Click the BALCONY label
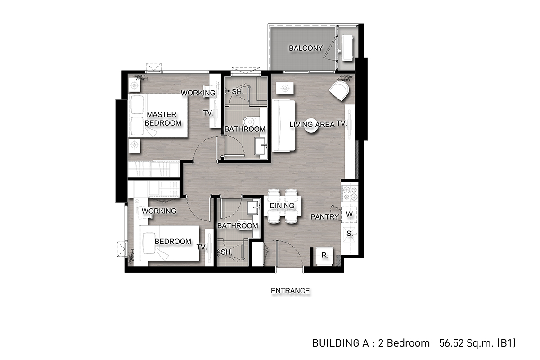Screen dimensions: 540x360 (306, 48)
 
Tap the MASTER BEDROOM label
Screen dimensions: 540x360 (163, 119)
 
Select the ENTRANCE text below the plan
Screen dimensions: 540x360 (290, 291)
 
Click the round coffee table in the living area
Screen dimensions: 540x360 (311, 126)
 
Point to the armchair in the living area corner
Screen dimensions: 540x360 (339, 91)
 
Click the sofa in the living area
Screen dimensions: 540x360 (283, 126)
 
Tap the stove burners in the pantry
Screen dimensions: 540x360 (350, 193)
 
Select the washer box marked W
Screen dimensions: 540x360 (349, 214)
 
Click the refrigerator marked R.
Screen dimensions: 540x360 (325, 256)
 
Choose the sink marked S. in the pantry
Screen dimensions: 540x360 (349, 234)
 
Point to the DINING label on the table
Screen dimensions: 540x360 (282, 206)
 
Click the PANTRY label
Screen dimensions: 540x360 (324, 217)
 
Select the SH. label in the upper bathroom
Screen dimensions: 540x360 (238, 92)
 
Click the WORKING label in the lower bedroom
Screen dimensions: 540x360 (159, 211)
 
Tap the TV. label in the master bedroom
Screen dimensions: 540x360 (208, 113)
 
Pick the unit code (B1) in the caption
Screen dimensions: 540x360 (506, 343)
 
